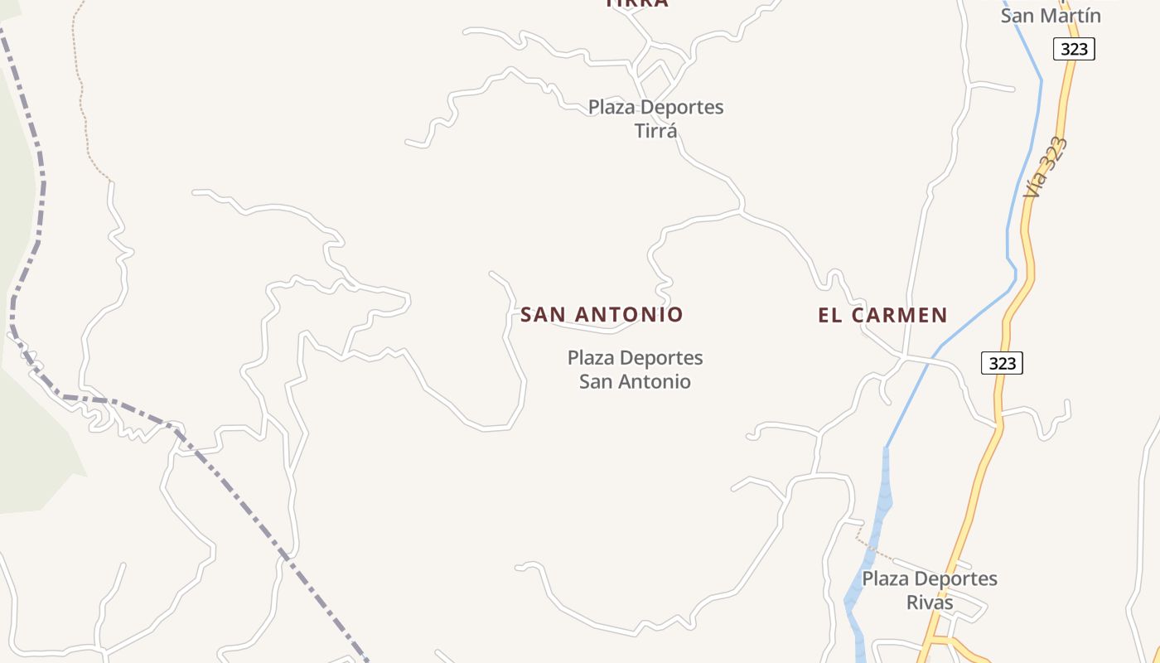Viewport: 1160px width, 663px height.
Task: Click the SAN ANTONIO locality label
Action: pos(602,315)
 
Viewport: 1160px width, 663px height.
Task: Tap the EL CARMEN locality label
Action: pos(882,315)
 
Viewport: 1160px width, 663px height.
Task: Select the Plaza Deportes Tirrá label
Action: pos(655,119)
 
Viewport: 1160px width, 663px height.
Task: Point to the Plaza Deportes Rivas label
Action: pos(930,590)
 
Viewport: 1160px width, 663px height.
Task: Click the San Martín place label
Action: pos(1051,15)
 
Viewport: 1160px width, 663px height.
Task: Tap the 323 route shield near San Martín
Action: pos(1074,49)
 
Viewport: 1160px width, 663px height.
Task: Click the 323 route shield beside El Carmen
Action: pos(1002,363)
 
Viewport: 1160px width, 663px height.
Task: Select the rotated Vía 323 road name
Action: pos(1045,167)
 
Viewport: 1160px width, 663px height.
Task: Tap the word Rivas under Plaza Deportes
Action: pos(930,603)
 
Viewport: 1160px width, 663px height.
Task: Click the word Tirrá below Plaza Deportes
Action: pos(655,131)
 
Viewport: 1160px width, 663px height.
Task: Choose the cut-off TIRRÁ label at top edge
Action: pos(636,3)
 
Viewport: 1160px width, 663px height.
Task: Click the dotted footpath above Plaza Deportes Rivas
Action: pos(875,549)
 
